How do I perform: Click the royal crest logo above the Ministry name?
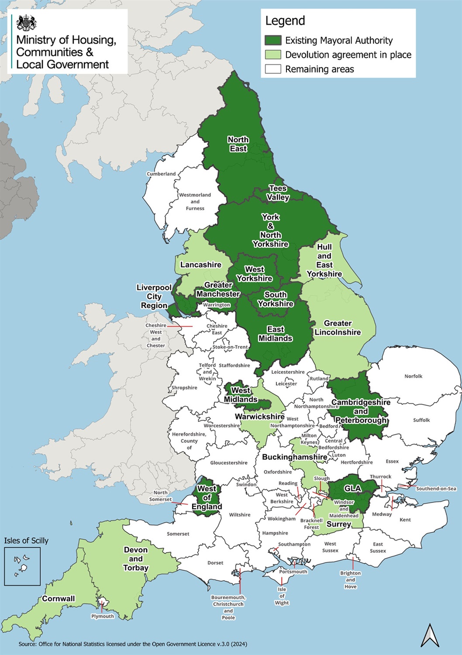(x=26, y=23)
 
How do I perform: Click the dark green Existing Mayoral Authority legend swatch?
(x=273, y=40)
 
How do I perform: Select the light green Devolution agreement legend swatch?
(x=273, y=55)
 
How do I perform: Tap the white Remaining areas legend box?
(x=273, y=69)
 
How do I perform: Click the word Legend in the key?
(x=285, y=21)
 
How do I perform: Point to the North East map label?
(x=238, y=144)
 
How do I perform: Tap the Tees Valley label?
(x=278, y=193)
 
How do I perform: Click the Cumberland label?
(x=161, y=174)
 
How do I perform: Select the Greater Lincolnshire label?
(x=338, y=327)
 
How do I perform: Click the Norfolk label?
(x=413, y=376)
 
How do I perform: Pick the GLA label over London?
(x=352, y=488)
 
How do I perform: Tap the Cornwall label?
(x=59, y=599)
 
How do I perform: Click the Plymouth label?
(x=103, y=616)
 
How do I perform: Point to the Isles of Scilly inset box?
(x=22, y=566)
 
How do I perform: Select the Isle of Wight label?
(x=282, y=596)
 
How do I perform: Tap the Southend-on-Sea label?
(x=436, y=489)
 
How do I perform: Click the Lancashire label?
(x=200, y=265)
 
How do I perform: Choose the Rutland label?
(x=319, y=379)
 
